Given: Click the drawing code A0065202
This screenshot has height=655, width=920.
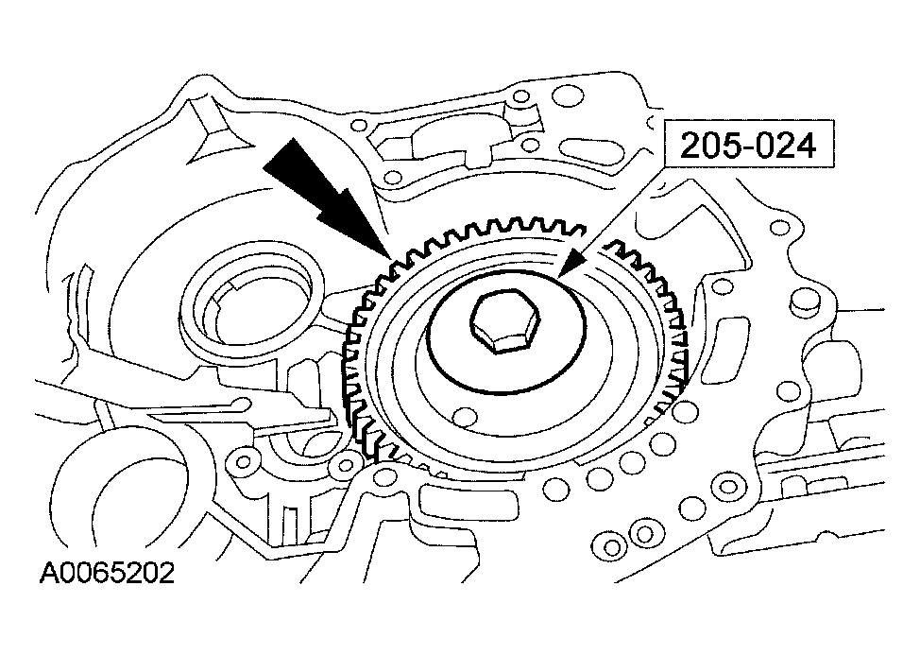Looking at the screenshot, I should [107, 574].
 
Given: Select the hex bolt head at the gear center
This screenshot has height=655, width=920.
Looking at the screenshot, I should [505, 321].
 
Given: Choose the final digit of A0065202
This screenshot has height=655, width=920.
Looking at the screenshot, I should [167, 574].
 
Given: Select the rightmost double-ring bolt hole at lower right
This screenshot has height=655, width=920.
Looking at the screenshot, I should [728, 488].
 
